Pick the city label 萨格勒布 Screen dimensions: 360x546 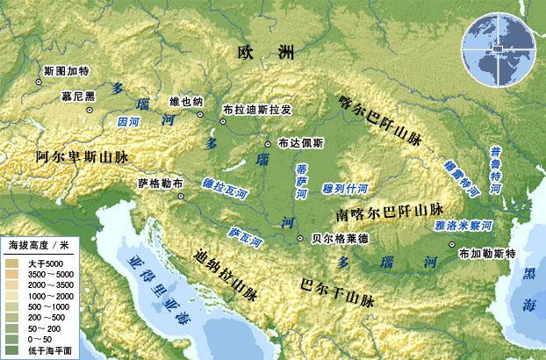coord(161,184)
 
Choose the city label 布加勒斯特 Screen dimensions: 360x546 coord(485,254)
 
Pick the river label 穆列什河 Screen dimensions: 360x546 coord(345,187)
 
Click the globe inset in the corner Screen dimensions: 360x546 coord(499,50)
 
